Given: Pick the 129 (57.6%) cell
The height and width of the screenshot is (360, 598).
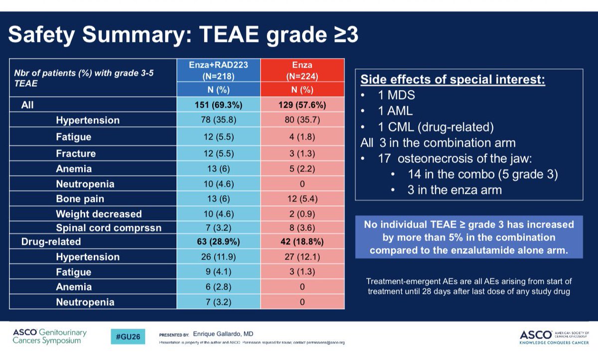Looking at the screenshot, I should tap(302, 106).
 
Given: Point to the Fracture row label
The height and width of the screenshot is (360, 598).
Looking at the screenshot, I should tap(76, 154).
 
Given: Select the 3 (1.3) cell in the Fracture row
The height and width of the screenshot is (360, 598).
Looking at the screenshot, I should tap(302, 154).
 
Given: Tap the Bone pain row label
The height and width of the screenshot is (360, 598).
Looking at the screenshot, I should tap(80, 199).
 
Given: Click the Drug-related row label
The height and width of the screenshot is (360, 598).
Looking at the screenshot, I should tap(51, 242).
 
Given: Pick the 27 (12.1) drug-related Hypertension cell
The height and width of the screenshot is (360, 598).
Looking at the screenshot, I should tap(302, 257).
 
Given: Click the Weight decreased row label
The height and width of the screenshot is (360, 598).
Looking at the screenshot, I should tap(99, 214).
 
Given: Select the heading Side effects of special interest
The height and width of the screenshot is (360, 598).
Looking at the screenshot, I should tap(452, 80).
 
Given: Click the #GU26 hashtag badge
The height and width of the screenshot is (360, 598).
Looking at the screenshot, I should tap(128, 337).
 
